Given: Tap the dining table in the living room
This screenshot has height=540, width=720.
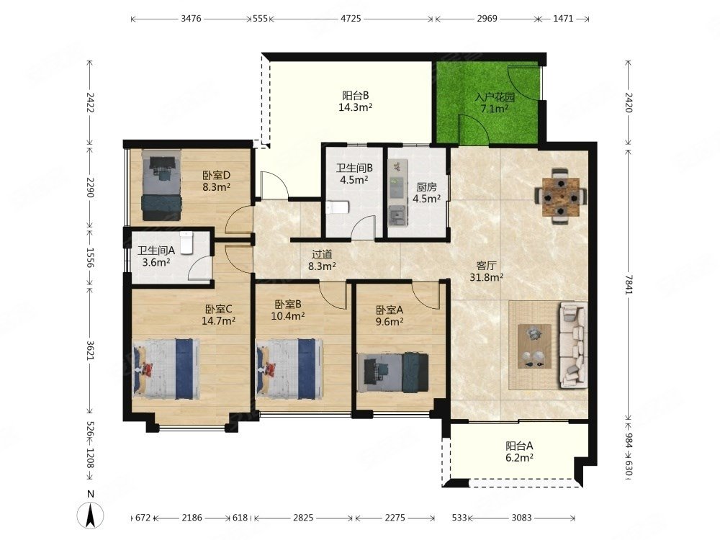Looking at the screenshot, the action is (560, 197).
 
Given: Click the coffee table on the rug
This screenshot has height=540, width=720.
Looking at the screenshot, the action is (534, 346).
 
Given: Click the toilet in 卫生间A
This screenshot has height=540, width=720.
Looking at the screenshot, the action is (186, 242).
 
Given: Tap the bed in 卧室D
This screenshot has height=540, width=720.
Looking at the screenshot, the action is (161, 184).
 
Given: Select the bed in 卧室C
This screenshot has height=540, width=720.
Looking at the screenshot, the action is (166, 369).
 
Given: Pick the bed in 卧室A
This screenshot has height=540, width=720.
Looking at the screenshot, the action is (393, 372).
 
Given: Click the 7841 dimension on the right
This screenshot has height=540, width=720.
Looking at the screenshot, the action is (628, 284).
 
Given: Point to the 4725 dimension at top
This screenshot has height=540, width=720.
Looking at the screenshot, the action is (351, 19).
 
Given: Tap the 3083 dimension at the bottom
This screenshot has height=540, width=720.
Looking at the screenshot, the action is (521, 518).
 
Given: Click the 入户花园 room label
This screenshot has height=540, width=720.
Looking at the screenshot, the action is (495, 97).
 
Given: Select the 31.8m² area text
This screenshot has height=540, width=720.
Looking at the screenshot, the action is (486, 277).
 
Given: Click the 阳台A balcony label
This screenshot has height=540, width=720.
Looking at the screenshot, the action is (519, 446).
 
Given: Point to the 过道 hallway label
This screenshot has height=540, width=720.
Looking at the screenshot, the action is (322, 254).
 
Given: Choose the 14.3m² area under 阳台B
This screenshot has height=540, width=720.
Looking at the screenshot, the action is (355, 107).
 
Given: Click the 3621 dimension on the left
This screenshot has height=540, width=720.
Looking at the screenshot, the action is (90, 350).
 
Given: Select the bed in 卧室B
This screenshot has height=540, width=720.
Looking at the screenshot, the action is (289, 369).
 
